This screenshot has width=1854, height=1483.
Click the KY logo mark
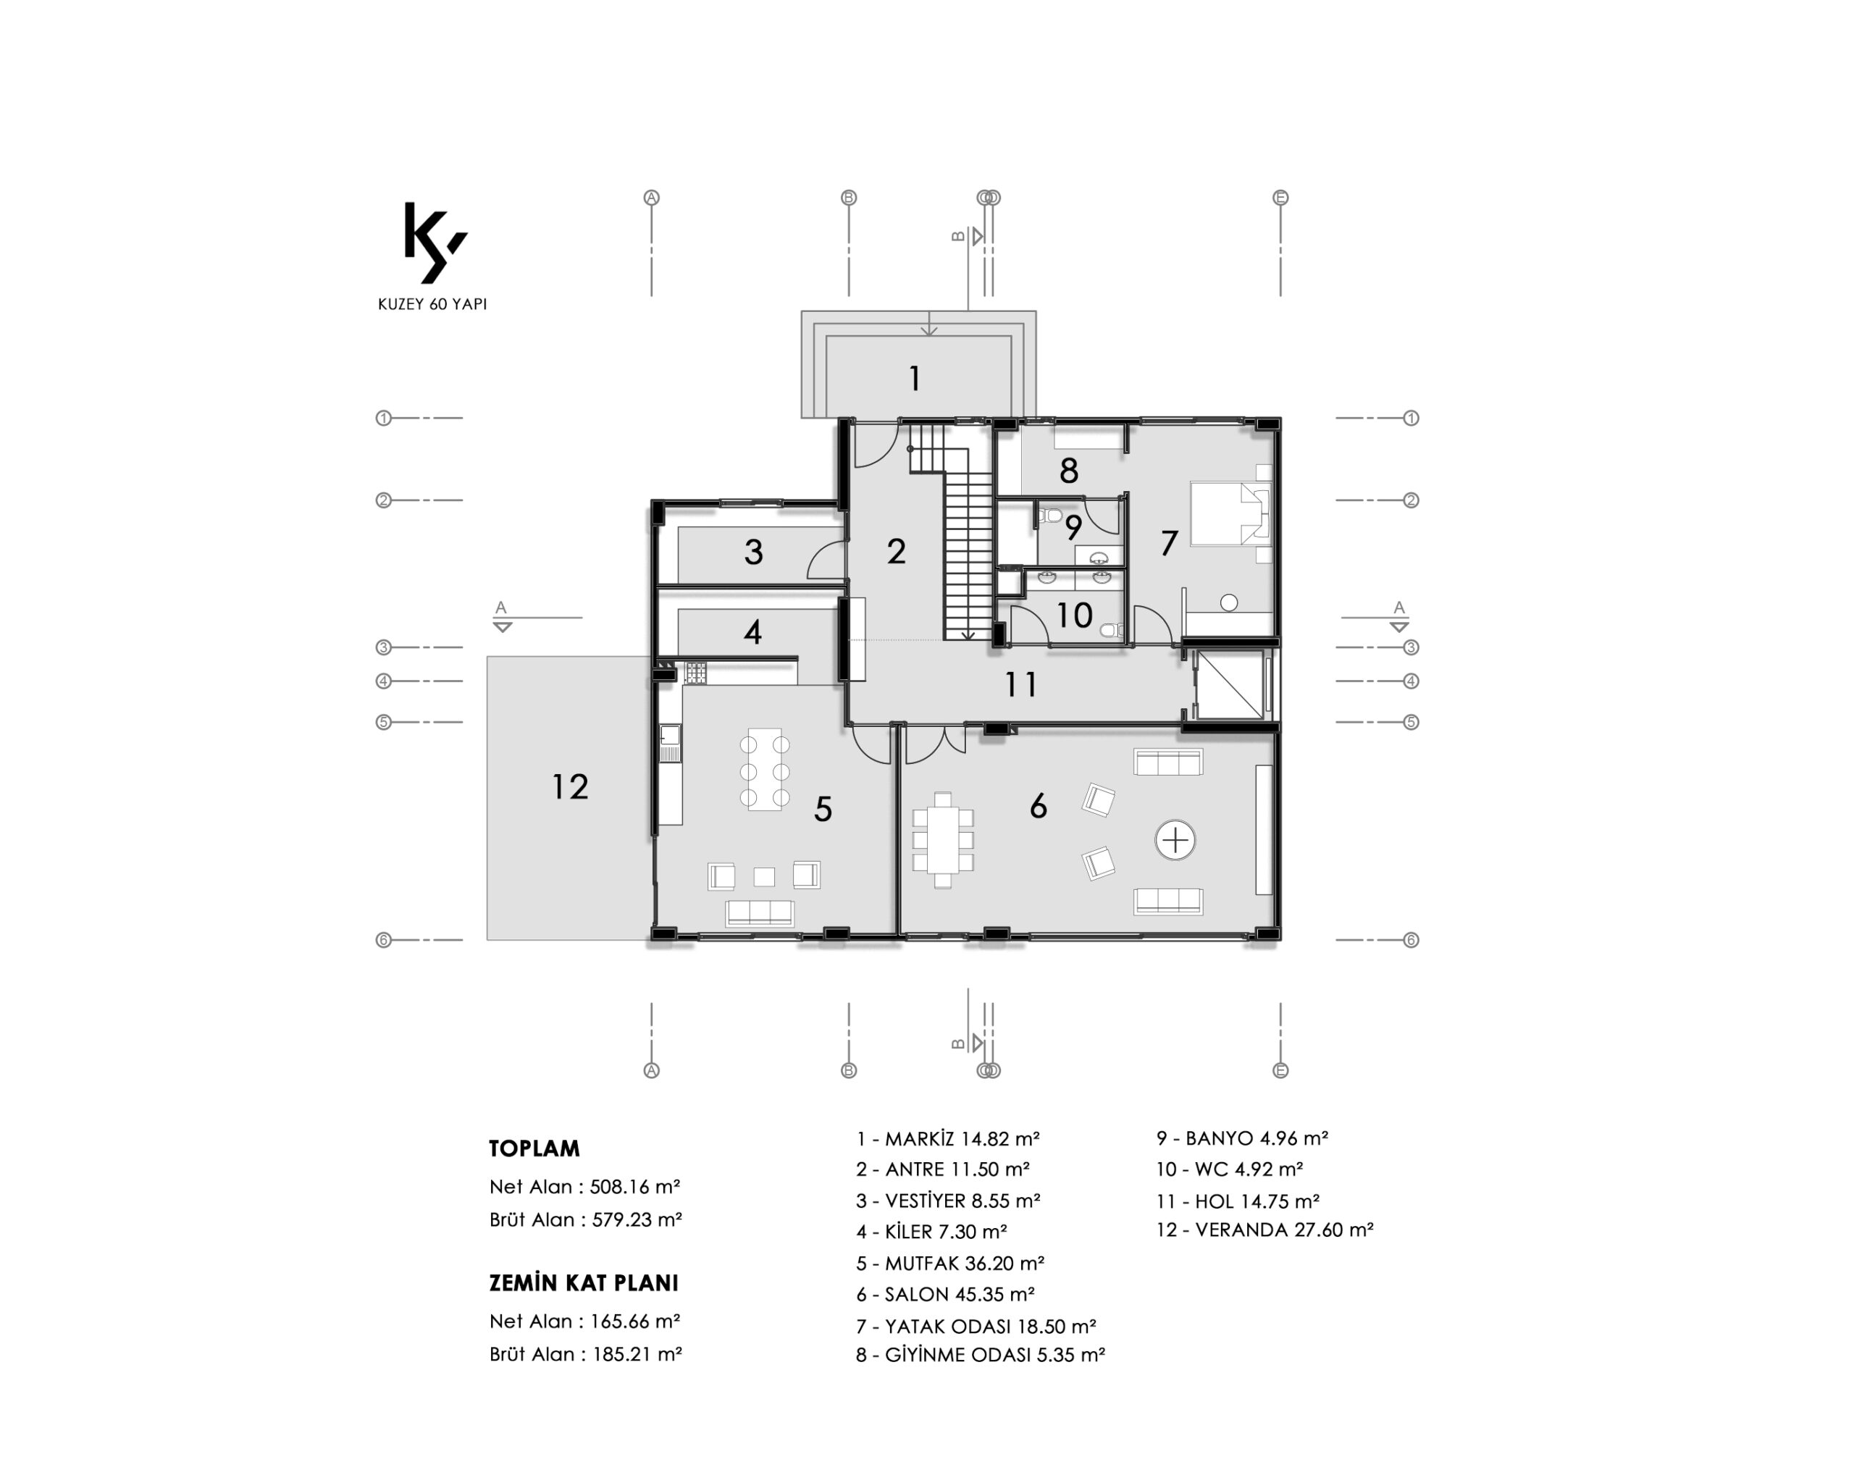tap(435, 243)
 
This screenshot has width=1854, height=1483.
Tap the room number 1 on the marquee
tap(915, 378)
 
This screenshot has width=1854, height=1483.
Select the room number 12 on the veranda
tap(570, 786)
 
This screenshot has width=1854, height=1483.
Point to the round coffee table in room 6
tap(1175, 840)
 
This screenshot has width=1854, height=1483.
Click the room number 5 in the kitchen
tap(823, 809)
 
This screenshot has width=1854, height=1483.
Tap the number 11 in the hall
tap(1020, 684)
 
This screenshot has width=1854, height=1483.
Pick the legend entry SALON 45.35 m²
tap(945, 1294)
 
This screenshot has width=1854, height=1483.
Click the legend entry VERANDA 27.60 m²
tap(1264, 1230)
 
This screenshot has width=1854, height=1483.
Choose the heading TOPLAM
tap(534, 1148)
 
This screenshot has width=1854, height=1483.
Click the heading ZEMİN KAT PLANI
tap(584, 1282)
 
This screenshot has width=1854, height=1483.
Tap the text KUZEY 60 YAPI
tap(432, 304)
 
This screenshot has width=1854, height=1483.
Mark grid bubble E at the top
tap(1280, 198)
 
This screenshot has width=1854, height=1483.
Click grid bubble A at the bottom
tap(652, 1070)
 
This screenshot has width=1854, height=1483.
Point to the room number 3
tap(753, 552)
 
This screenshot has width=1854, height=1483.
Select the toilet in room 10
tap(1112, 630)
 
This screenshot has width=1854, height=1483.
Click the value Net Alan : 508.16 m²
tap(584, 1188)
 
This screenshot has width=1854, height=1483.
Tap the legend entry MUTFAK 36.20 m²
tap(950, 1263)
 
